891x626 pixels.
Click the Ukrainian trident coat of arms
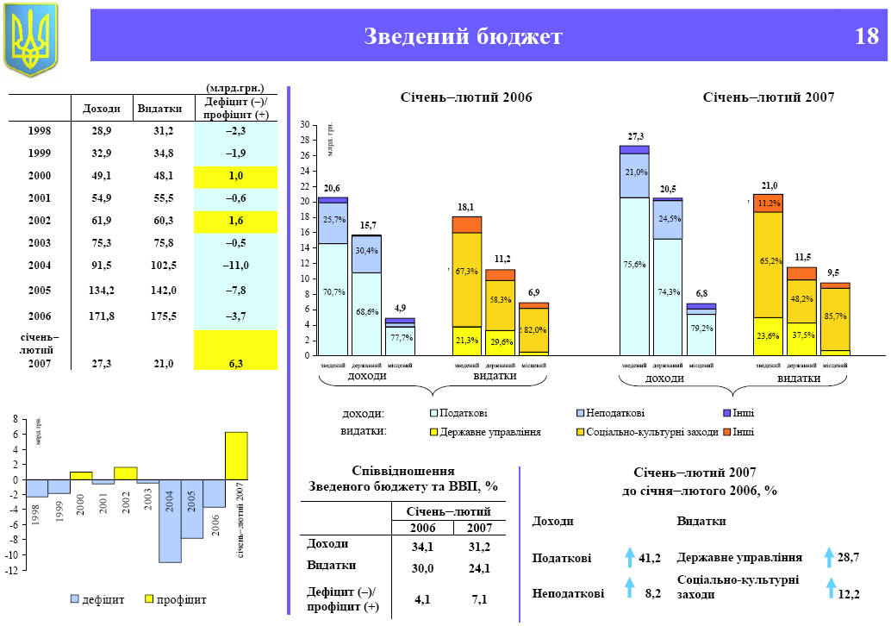click(31, 37)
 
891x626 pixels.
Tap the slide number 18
click(867, 36)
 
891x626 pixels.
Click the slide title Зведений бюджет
click(463, 36)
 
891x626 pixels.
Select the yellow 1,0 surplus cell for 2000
click(235, 176)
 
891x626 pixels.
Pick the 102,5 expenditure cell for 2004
click(163, 266)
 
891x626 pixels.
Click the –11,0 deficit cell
click(235, 266)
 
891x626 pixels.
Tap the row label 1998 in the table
click(40, 131)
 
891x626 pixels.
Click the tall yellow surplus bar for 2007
click(236, 455)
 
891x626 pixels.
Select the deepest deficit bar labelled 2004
click(170, 521)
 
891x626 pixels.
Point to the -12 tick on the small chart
click(13, 571)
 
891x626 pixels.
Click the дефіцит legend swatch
click(75, 598)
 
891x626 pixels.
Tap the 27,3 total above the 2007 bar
click(636, 137)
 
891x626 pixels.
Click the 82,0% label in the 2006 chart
click(534, 330)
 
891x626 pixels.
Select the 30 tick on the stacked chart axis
click(304, 125)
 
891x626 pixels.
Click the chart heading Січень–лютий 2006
click(467, 98)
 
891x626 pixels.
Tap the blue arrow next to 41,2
click(629, 556)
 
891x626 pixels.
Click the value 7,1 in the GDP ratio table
click(479, 599)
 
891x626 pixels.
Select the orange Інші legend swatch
click(727, 431)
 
